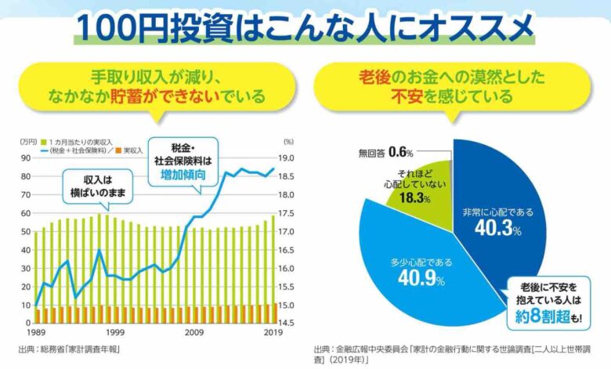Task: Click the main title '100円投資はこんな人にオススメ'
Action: pos(305,27)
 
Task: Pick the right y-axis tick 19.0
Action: pos(287,157)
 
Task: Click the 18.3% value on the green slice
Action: pos(414,198)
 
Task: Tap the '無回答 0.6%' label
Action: pos(385,150)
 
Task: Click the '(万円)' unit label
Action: pos(27,141)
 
